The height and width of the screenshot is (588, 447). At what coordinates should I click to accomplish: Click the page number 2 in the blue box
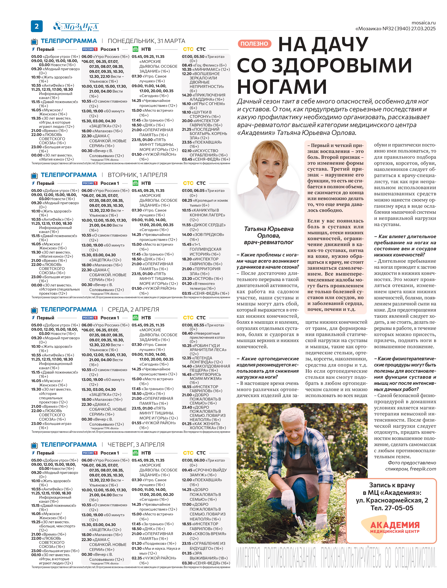37,26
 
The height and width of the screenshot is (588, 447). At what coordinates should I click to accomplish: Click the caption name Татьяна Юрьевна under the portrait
269,229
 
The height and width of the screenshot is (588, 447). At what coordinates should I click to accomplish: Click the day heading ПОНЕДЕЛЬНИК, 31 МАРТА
146,41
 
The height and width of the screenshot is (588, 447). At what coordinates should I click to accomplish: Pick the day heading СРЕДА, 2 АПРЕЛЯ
133,309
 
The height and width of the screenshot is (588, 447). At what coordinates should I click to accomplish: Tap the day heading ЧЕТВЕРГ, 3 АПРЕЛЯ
136,445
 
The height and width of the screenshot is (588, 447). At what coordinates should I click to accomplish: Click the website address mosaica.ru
423,23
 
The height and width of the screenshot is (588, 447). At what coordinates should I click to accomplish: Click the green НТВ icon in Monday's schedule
135,49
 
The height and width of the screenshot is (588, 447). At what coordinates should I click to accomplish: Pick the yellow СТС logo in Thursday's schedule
188,453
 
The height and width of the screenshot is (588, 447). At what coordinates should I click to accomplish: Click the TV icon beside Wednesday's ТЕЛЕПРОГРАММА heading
34,310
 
